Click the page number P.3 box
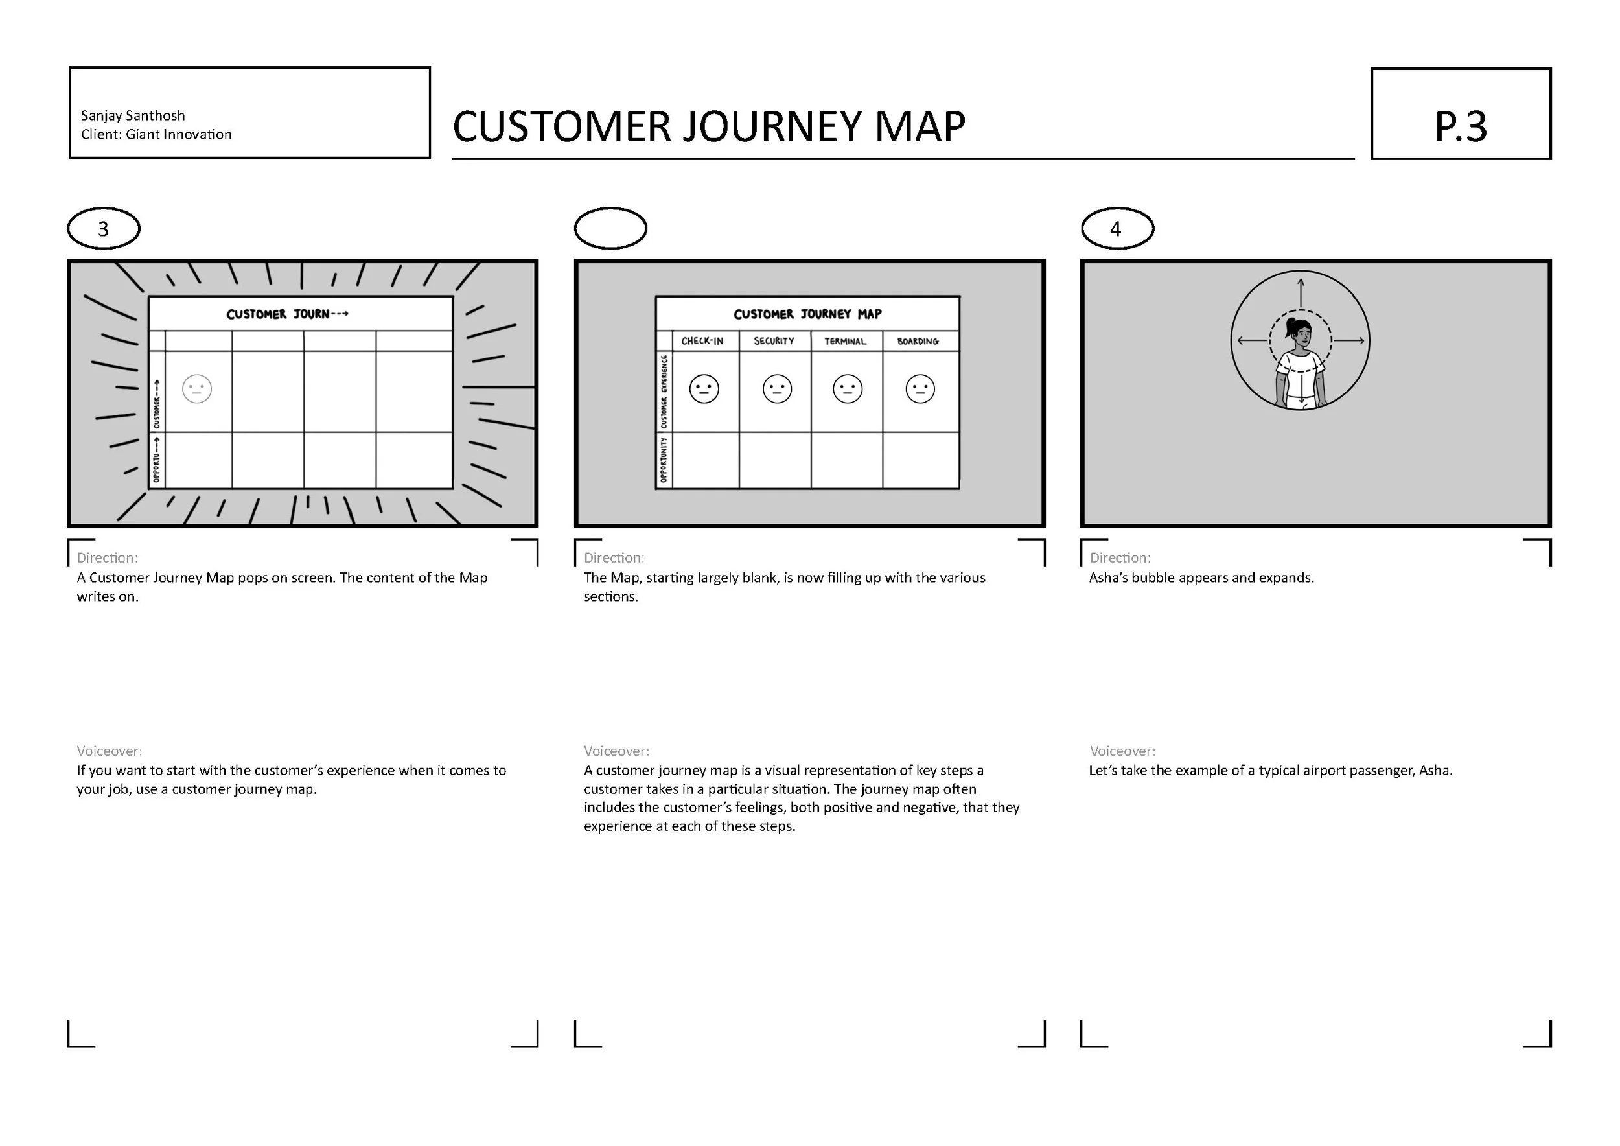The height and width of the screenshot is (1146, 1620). click(1460, 113)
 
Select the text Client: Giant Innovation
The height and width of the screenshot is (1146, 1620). click(156, 135)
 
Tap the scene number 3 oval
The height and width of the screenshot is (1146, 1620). click(104, 229)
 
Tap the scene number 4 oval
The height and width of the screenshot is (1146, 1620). click(1117, 229)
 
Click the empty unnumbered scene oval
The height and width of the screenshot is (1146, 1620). click(610, 229)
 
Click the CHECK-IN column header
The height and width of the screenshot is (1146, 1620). click(702, 342)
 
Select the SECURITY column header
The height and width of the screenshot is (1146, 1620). click(774, 342)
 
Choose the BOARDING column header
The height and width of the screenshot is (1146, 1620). click(918, 342)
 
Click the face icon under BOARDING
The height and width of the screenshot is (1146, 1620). click(920, 389)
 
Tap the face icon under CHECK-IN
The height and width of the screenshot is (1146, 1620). click(704, 389)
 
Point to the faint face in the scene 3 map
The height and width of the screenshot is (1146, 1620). click(197, 389)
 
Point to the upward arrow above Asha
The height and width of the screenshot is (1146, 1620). click(1301, 292)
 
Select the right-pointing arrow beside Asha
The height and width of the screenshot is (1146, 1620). click(1349, 341)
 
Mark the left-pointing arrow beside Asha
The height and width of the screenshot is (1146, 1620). click(1253, 341)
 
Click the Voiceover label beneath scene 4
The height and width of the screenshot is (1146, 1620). click(1122, 751)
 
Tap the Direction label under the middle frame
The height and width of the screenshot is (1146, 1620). click(614, 557)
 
